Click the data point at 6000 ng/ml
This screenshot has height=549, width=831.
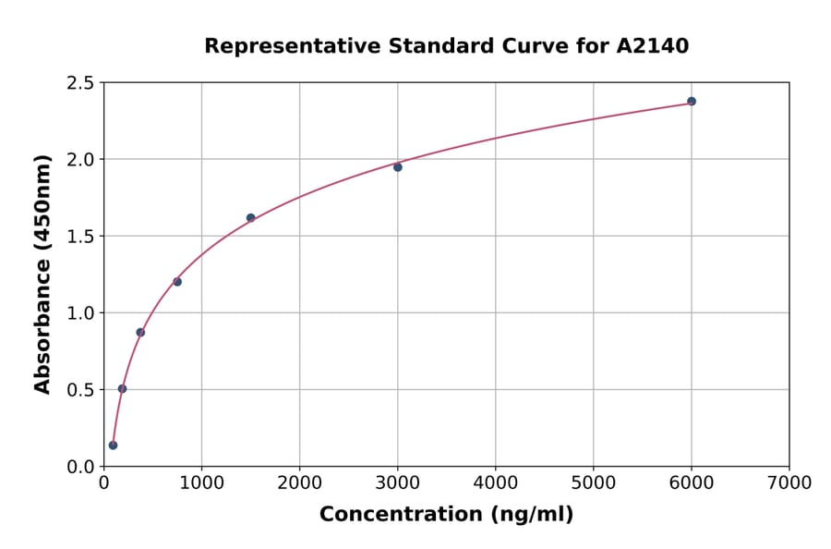692,102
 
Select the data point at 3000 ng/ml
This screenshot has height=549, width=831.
398,167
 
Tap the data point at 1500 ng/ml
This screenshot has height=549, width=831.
250,218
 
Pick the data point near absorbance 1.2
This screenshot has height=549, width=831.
177,282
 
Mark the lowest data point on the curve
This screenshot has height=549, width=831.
113,445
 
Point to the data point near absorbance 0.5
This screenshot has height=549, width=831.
122,389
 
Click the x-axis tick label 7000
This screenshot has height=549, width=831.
789,482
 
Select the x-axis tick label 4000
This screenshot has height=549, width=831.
496,482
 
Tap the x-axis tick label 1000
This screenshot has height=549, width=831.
201,482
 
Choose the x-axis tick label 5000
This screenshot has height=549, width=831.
594,482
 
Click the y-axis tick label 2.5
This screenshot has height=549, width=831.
80,83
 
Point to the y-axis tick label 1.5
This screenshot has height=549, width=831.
80,237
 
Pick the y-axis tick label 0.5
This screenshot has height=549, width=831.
80,390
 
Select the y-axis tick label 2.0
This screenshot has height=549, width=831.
80,160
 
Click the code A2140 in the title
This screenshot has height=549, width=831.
653,46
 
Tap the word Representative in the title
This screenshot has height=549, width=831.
276,46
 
